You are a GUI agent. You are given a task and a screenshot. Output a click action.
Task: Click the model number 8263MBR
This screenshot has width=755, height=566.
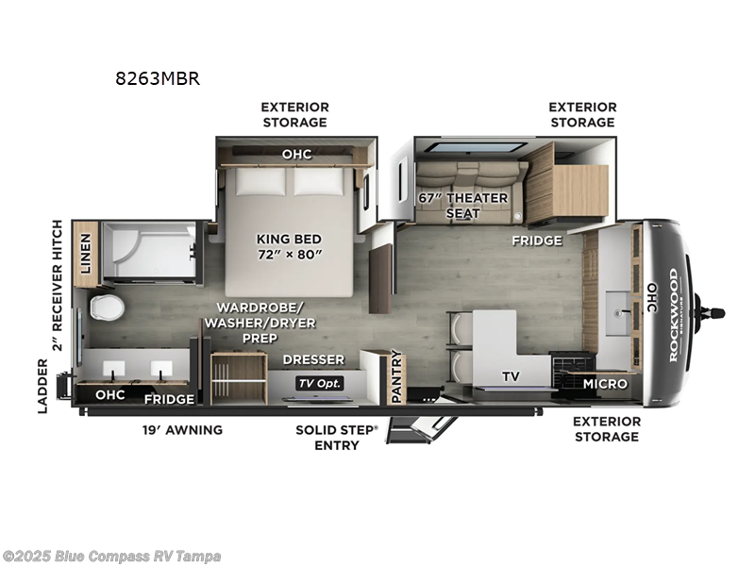click(158, 78)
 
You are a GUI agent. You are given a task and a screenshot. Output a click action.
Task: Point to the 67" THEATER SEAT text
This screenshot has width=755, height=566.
click(462, 205)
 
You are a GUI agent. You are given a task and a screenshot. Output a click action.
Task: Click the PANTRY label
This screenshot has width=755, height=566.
click(396, 375)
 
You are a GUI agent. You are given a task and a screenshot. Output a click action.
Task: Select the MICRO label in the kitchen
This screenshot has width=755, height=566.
click(604, 384)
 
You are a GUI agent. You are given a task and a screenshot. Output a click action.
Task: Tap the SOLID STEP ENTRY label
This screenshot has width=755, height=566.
click(336, 437)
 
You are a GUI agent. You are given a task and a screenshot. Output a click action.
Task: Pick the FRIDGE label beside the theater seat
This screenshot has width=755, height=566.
click(537, 240)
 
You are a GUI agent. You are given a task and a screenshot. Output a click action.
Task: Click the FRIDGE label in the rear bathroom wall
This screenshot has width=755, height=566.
click(169, 399)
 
